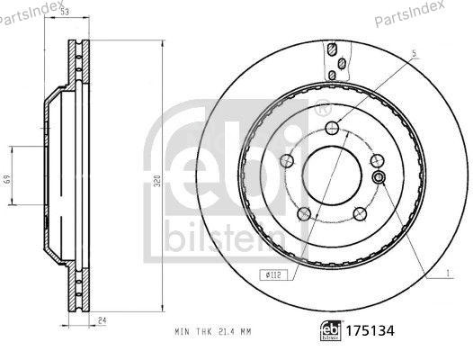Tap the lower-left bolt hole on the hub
coord(306,213)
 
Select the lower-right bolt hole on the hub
coord(359,213)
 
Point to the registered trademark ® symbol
coord(321,110)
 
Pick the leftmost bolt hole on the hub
coord(288,162)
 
